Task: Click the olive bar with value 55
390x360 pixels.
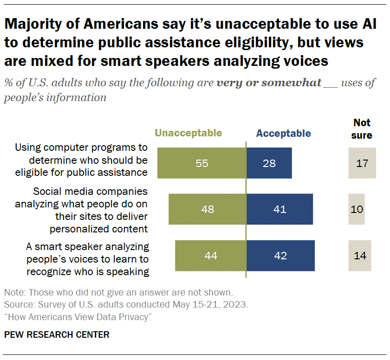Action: [201, 163]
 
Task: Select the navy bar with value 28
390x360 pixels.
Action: [269, 163]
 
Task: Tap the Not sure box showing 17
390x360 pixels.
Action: [362, 163]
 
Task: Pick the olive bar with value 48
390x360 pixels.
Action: [207, 209]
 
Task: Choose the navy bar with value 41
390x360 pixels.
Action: [279, 209]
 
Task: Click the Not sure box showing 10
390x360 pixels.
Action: [357, 209]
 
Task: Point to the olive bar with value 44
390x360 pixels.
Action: [210, 256]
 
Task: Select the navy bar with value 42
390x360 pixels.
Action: [280, 256]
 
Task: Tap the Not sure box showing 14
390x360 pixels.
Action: [360, 256]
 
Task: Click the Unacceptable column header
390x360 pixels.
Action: [188, 133]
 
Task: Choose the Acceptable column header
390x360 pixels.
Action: [283, 133]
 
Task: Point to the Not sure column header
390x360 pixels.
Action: [362, 129]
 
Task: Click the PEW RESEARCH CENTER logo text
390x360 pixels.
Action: [57, 334]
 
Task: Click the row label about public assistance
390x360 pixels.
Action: [81, 160]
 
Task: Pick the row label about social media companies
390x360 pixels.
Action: [81, 210]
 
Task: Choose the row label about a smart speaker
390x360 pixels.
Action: [81, 258]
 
